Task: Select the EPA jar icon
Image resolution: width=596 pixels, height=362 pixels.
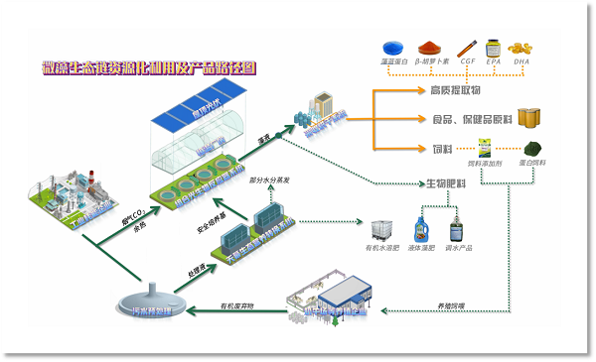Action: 493,47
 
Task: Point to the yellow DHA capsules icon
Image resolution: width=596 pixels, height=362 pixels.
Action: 521,48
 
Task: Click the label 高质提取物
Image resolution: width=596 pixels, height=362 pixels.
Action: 455,91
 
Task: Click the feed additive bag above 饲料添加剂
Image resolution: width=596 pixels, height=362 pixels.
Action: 486,148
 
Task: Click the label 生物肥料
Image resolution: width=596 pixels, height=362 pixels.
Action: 447,183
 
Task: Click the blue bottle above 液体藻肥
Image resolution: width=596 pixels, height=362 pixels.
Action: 422,230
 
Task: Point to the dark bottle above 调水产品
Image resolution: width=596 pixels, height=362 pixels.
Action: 457,231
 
